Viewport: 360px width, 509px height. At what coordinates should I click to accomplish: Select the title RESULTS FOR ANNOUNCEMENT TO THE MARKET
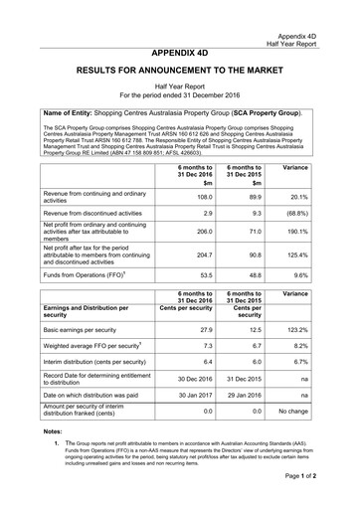click(x=180, y=73)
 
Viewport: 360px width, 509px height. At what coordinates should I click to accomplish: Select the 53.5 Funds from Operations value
click(x=203, y=274)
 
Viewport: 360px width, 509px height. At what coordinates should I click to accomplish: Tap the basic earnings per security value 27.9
click(x=203, y=328)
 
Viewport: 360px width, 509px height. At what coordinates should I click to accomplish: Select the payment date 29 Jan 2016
click(x=246, y=397)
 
